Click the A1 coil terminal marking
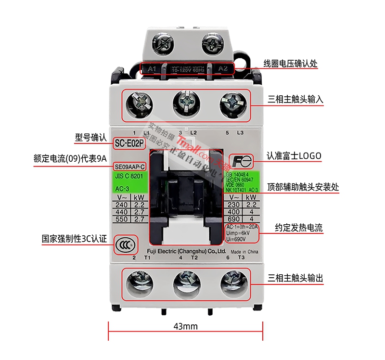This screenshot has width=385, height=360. coord(152,69)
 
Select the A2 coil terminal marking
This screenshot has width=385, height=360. coord(223,69)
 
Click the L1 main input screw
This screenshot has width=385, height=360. coord(141,103)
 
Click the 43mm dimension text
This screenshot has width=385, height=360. coord(185,327)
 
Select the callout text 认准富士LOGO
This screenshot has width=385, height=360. coord(294,156)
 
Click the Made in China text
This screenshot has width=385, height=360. coord(245,252)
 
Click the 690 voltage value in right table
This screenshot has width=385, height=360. coord(233,219)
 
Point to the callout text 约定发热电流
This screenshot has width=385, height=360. coord(295,227)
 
